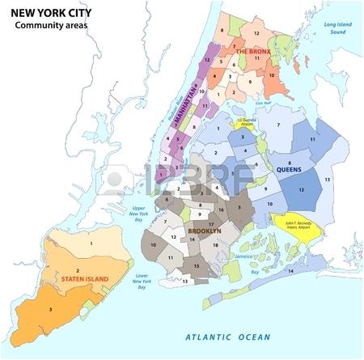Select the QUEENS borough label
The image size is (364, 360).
(289, 170)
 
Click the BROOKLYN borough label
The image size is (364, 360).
(204, 231)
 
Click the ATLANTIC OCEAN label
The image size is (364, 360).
(227, 336)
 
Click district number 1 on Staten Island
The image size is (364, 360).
(91, 243)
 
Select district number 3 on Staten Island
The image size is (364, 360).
(51, 309)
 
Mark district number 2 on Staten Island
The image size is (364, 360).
(77, 269)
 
